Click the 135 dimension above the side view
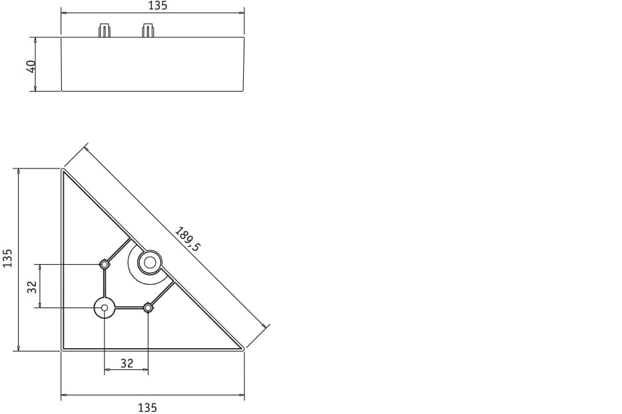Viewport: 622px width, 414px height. (157, 6)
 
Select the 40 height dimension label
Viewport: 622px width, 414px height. (31, 66)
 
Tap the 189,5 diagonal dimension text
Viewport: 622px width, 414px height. (187, 239)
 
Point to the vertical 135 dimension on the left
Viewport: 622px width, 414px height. (8, 258)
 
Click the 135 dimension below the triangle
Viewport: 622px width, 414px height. (147, 407)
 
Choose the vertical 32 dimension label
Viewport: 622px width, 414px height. (31, 286)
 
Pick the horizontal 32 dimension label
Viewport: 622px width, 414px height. (127, 363)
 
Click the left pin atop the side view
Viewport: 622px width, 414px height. (105, 31)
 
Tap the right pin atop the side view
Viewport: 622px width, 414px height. (148, 31)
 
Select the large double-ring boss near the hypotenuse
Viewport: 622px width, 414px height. (150, 262)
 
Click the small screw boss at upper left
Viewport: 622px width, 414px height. (105, 264)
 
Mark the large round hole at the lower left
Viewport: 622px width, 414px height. (105, 308)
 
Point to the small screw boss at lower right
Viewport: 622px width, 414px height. (148, 308)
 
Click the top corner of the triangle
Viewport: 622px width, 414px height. (64, 172)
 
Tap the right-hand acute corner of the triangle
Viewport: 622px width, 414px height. (240, 347)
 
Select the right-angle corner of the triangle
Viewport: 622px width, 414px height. (64, 347)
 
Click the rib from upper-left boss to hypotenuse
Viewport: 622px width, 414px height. (119, 250)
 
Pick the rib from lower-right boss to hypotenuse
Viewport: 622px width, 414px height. (162, 294)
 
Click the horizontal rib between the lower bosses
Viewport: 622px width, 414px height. (129, 308)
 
